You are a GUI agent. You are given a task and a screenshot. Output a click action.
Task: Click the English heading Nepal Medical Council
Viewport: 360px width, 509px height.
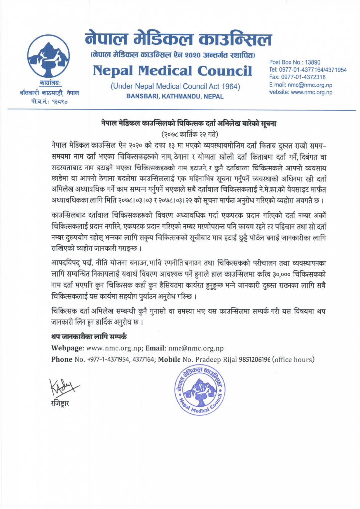click(x=173, y=71)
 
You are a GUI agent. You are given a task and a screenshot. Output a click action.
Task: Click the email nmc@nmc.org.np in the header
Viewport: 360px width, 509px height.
click(x=300, y=85)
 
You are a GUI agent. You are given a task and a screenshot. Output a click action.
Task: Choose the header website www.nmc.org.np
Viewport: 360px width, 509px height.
click(x=300, y=92)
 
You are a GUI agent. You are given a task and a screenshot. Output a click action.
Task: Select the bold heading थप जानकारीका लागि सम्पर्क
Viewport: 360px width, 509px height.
click(x=89, y=337)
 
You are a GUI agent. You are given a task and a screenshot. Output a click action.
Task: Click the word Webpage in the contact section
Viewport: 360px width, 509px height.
click(x=68, y=348)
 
